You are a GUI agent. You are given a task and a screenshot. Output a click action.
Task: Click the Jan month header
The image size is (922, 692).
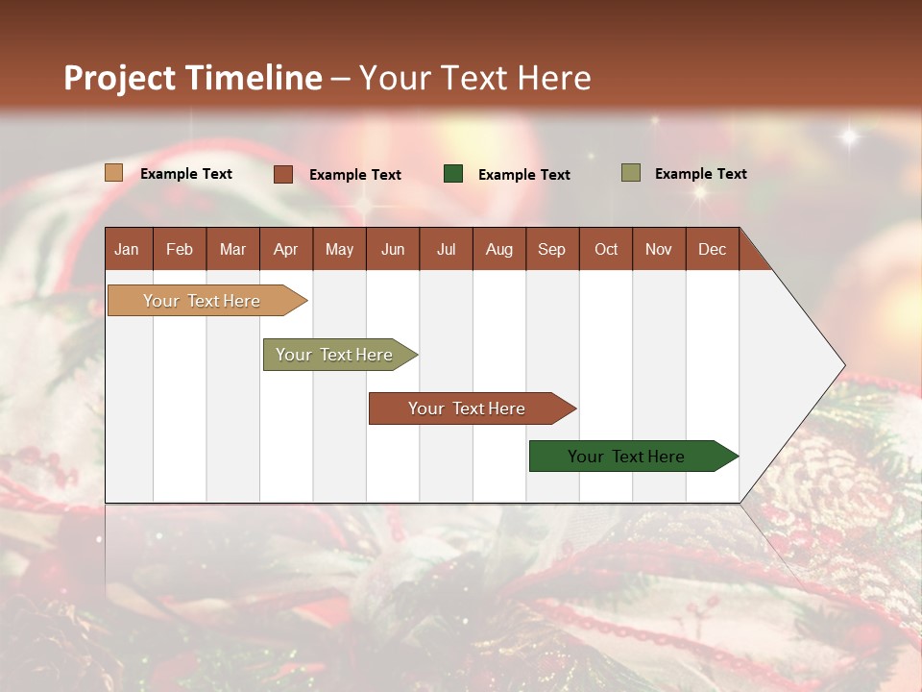128,249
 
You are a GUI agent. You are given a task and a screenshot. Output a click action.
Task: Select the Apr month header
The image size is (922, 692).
286,249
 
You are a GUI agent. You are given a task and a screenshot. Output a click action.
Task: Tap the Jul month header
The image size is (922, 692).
446,249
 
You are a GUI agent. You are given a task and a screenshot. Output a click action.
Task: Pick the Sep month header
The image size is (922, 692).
552,249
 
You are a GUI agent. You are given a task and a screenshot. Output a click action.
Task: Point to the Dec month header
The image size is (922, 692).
712,249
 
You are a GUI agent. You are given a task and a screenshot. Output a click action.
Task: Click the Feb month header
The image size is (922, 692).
180,249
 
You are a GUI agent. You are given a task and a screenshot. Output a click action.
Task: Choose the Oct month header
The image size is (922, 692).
606,249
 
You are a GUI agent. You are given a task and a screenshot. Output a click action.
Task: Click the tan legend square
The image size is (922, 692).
113,173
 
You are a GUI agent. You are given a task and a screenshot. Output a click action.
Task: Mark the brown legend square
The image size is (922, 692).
282,174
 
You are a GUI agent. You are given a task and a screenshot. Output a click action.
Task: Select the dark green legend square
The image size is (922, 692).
453,174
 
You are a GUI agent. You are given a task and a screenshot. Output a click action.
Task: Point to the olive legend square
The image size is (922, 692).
630,173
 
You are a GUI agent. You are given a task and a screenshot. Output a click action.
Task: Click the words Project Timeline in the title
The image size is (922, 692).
193,78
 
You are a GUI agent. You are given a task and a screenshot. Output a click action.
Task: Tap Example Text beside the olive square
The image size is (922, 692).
700,174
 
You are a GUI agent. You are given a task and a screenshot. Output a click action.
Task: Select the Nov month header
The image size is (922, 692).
659,249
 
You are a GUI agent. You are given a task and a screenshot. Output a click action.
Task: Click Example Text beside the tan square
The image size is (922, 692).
186,174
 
